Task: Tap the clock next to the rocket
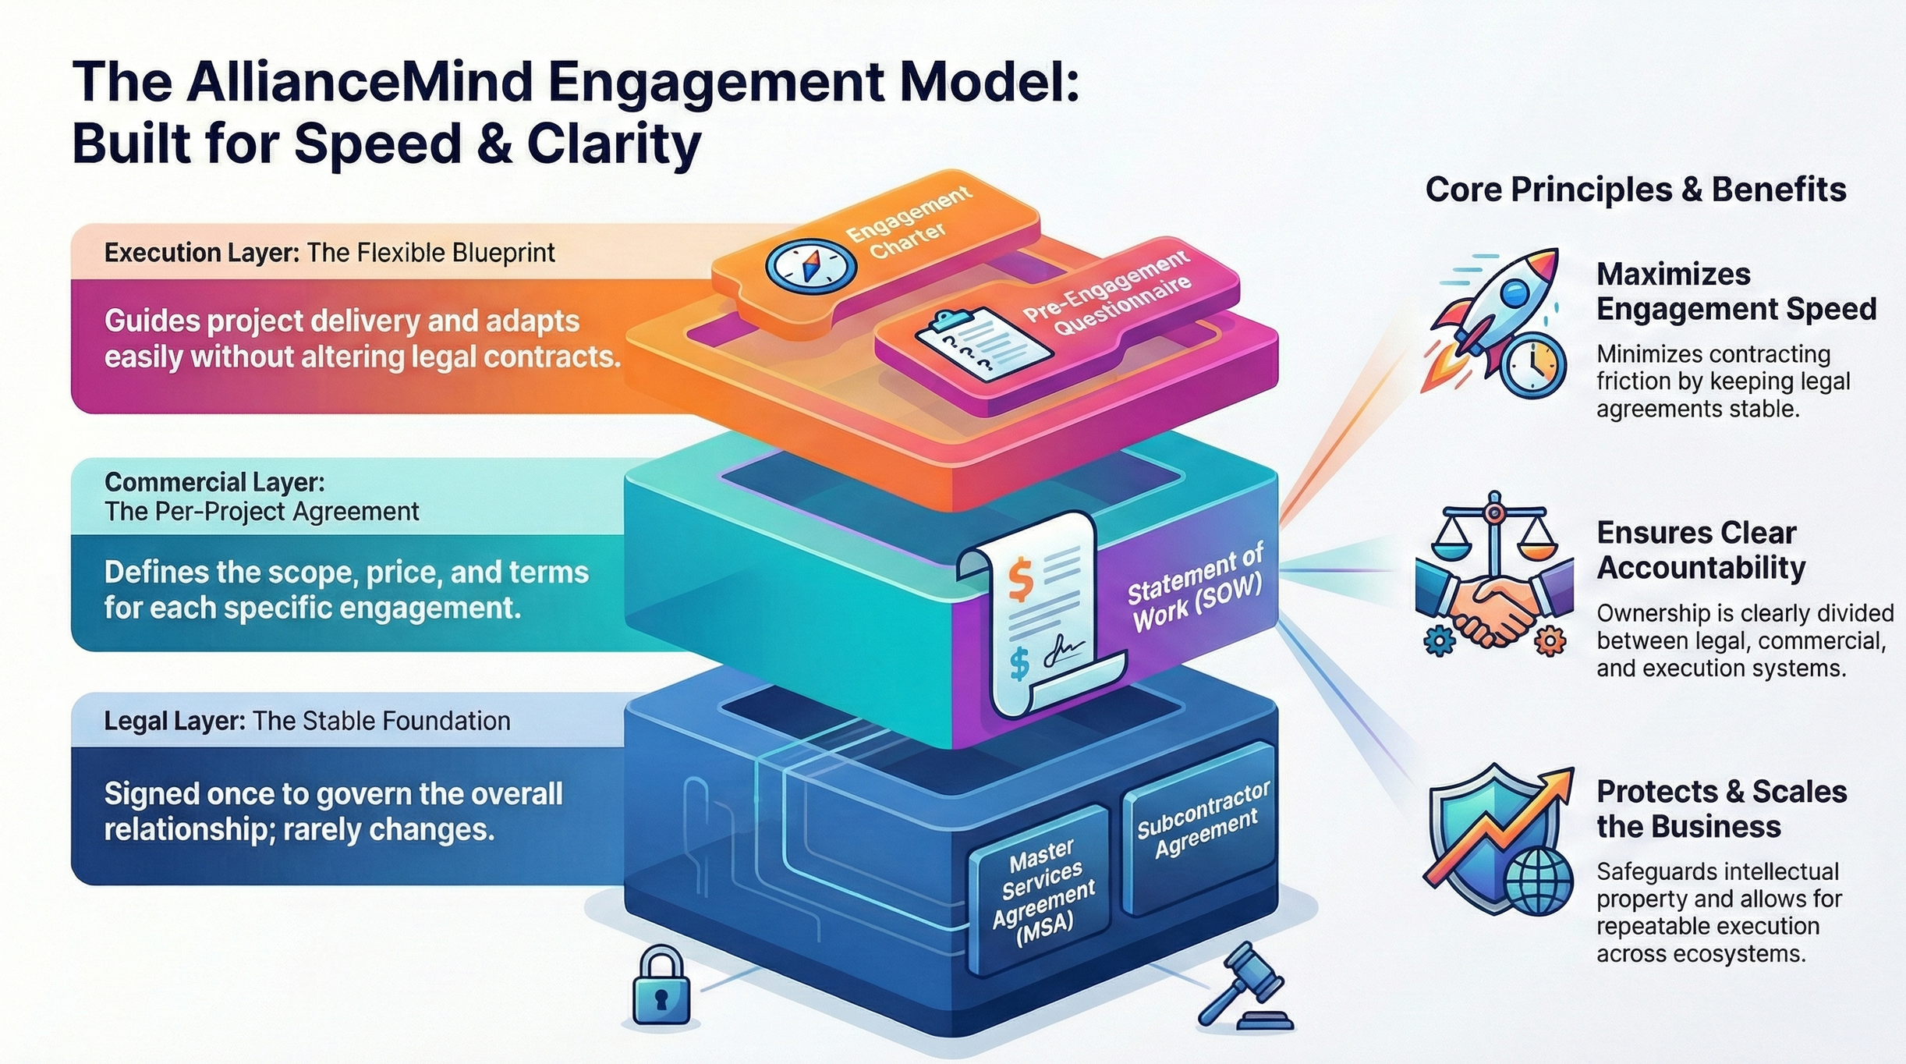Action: coord(1532,366)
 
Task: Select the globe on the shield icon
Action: coord(1538,881)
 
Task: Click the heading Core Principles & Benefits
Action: coord(1635,190)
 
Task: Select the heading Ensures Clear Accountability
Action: coord(1700,550)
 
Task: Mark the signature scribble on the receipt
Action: coord(1061,651)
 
